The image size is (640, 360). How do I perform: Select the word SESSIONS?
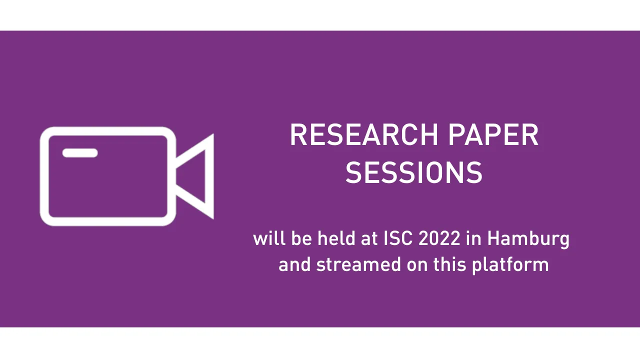(x=414, y=173)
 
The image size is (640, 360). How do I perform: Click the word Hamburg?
(x=528, y=239)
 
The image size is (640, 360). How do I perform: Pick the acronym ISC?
(x=398, y=238)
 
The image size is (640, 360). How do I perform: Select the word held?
(x=337, y=238)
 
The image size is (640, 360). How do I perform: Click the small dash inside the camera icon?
(x=80, y=153)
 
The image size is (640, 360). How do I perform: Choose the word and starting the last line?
(x=294, y=264)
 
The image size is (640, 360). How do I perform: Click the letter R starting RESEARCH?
(x=298, y=135)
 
